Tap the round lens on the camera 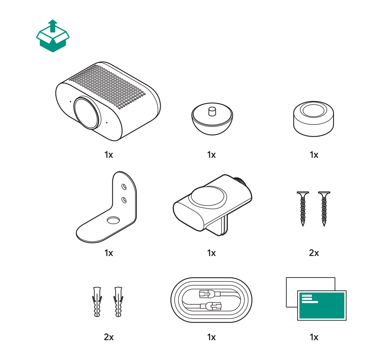(x=87, y=113)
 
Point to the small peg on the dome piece (x=212, y=111)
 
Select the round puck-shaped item (x=313, y=119)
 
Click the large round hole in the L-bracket (x=113, y=220)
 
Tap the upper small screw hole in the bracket (x=124, y=187)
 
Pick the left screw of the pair (x=303, y=209)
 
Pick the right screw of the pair (x=324, y=209)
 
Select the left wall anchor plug (x=97, y=302)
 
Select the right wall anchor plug (x=119, y=302)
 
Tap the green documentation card (x=322, y=306)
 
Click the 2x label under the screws (x=314, y=253)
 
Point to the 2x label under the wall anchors (x=109, y=337)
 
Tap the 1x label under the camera (x=109, y=155)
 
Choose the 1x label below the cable (x=211, y=337)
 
